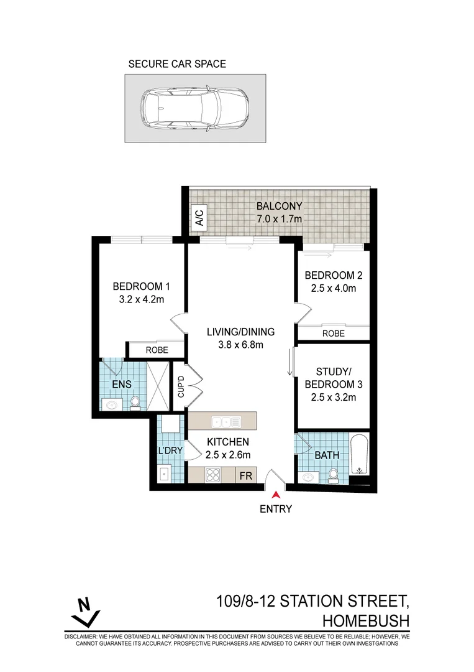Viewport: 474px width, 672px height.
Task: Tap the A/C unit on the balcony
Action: [199, 217]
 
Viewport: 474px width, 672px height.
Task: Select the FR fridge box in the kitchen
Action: [246, 476]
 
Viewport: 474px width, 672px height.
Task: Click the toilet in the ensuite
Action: [135, 404]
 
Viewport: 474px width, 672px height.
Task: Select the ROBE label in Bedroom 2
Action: [334, 334]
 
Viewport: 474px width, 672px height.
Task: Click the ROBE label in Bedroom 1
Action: [157, 350]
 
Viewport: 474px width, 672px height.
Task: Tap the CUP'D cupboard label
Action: [181, 387]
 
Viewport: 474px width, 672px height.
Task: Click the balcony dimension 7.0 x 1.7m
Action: [279, 218]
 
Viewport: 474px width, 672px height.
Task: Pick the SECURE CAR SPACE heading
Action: [177, 63]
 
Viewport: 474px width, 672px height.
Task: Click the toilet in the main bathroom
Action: [334, 476]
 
